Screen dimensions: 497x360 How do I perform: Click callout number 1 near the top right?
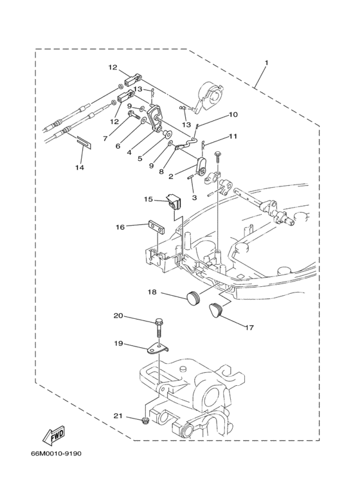pyautogui.click(x=266, y=63)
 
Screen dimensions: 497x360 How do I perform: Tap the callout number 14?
pyautogui.click(x=78, y=168)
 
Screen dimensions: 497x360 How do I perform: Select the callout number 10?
pyautogui.click(x=233, y=114)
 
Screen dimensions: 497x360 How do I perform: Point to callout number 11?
pyautogui.click(x=233, y=136)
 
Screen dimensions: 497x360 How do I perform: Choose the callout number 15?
pyautogui.click(x=148, y=199)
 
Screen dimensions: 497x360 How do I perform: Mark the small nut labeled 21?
pyautogui.click(x=147, y=422)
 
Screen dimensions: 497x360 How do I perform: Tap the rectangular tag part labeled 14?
pyautogui.click(x=84, y=142)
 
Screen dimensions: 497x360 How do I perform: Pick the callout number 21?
pyautogui.click(x=117, y=417)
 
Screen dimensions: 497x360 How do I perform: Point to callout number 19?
pyautogui.click(x=118, y=343)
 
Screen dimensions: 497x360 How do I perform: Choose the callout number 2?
pyautogui.click(x=171, y=176)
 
